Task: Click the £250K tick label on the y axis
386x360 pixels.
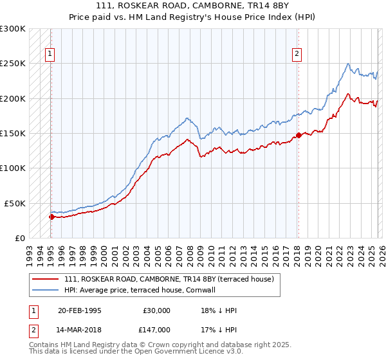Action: [x=12, y=64]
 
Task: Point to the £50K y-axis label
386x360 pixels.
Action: [x=15, y=203]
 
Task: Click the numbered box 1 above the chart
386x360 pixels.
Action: [x=50, y=55]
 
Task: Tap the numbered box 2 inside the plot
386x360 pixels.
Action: [x=297, y=55]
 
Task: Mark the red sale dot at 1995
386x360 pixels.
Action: [x=51, y=217]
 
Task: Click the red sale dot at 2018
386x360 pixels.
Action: [x=298, y=136]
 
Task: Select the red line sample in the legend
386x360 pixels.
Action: [x=46, y=279]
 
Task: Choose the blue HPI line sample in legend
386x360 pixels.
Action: [x=46, y=290]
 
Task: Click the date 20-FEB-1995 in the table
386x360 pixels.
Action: [x=79, y=310]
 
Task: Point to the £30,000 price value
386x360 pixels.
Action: [x=157, y=310]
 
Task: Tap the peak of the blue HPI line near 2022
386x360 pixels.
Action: [x=348, y=63]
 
